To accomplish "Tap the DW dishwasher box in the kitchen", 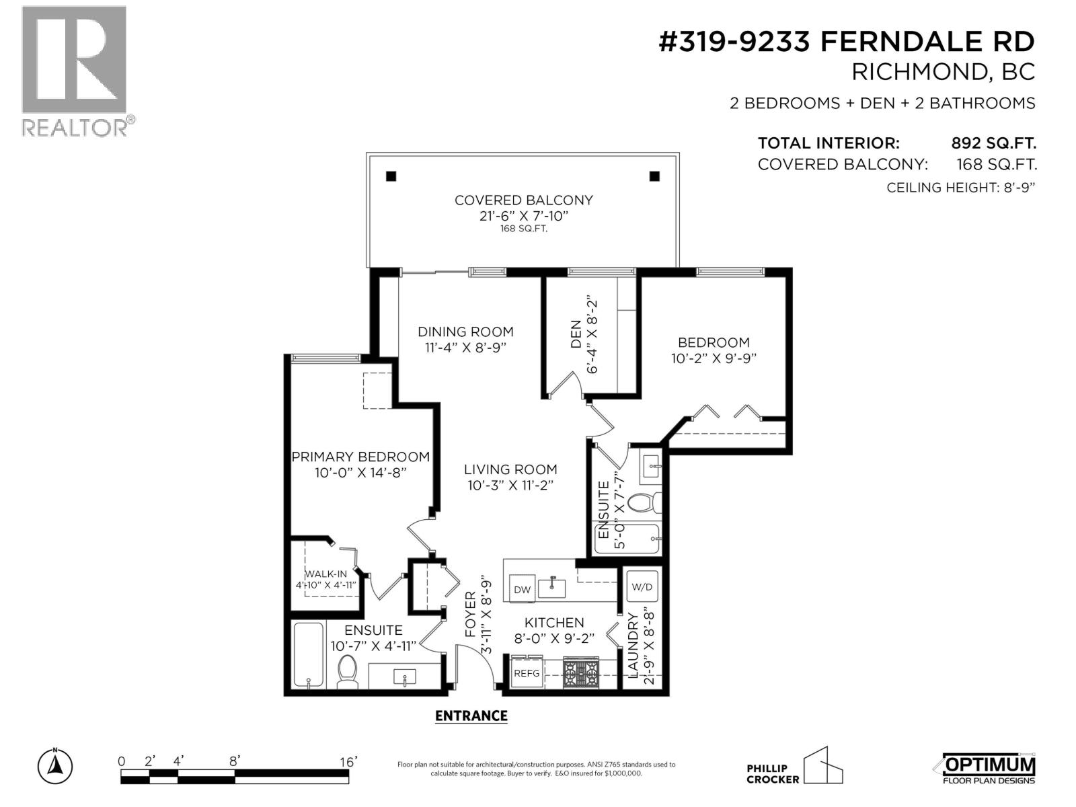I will pyautogui.click(x=522, y=589).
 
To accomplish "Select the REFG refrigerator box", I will pyautogui.click(x=527, y=672).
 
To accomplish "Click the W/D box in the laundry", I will pyautogui.click(x=642, y=586).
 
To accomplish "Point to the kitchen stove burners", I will pyautogui.click(x=580, y=672).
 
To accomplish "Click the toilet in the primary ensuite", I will pyautogui.click(x=347, y=671).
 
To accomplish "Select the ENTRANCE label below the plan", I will pyautogui.click(x=471, y=716).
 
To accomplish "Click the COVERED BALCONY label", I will pyautogui.click(x=523, y=200).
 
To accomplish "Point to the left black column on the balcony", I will pyautogui.click(x=391, y=177).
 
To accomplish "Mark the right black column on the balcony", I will pyautogui.click(x=654, y=176).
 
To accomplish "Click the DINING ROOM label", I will pyautogui.click(x=465, y=332).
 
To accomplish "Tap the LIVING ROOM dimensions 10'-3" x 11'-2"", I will pyautogui.click(x=510, y=486).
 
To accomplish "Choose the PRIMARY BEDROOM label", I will pyautogui.click(x=360, y=457).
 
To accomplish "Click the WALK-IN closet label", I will pyautogui.click(x=326, y=574).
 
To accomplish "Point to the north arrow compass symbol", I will pyautogui.click(x=55, y=765).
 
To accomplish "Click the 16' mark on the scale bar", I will pyautogui.click(x=348, y=762).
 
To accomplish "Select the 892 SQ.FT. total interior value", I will pyautogui.click(x=993, y=143).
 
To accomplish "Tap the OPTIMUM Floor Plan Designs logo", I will pyautogui.click(x=985, y=768).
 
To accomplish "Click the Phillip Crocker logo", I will pyautogui.click(x=794, y=767).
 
